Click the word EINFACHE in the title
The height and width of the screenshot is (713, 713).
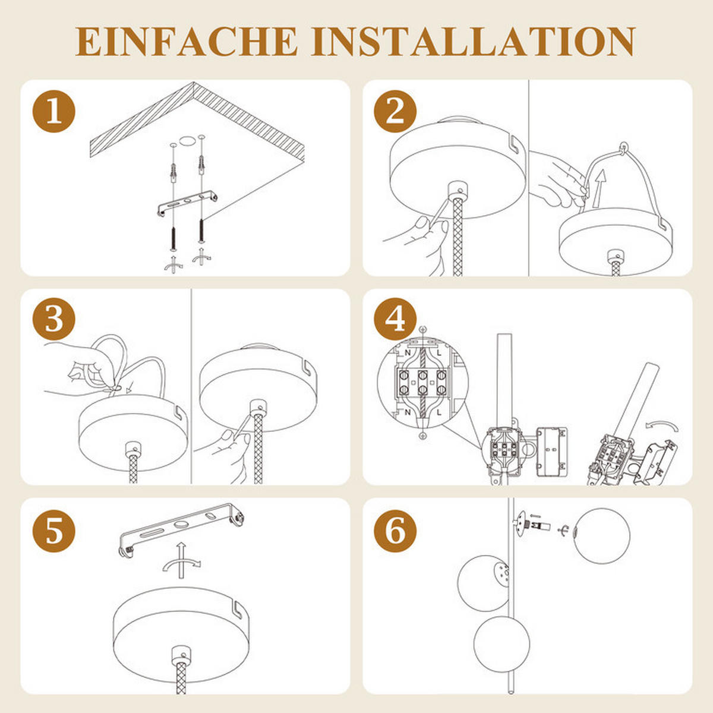(x=187, y=42)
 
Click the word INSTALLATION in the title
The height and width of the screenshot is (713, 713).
(x=473, y=42)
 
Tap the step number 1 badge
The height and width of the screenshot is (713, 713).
(x=54, y=111)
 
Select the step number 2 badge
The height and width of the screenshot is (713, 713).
(x=395, y=111)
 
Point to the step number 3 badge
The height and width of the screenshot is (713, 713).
(x=54, y=319)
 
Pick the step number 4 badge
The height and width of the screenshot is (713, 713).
(x=395, y=319)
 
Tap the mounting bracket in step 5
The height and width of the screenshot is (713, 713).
(x=181, y=526)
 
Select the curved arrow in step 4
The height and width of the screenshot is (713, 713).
(x=662, y=425)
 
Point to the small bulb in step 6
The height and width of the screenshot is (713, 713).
(x=540, y=526)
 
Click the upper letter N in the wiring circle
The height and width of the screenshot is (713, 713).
(x=408, y=353)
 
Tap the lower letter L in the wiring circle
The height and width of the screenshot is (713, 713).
(x=439, y=412)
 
